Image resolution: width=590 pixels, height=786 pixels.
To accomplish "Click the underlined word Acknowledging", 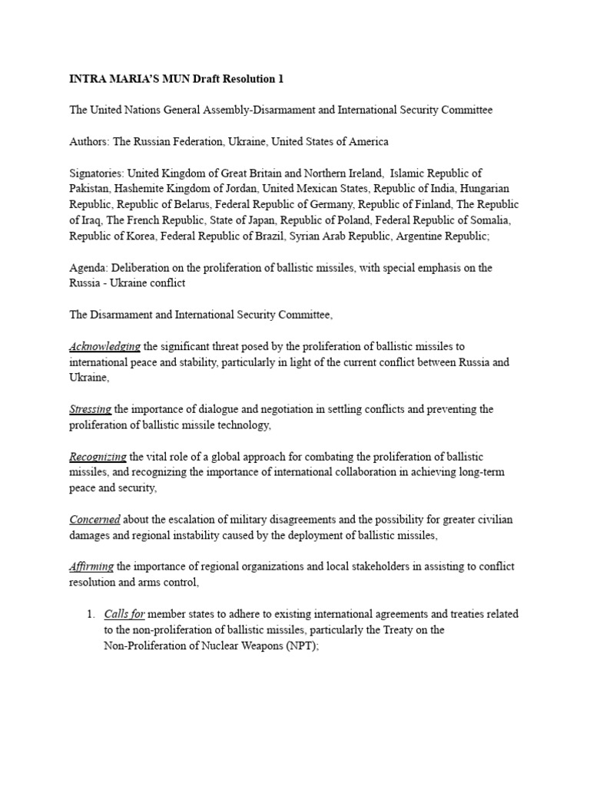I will pyautogui.click(x=104, y=346).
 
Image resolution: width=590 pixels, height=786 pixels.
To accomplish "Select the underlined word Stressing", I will pyautogui.click(x=91, y=409).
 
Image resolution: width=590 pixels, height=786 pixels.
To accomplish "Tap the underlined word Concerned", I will pyautogui.click(x=94, y=520).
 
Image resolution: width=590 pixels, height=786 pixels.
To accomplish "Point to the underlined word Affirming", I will pyautogui.click(x=91, y=566).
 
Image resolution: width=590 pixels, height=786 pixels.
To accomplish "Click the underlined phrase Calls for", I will pyautogui.click(x=124, y=614).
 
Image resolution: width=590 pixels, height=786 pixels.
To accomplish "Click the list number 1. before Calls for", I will pyautogui.click(x=90, y=614).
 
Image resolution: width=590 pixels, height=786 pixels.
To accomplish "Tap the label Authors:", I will pyautogui.click(x=90, y=141).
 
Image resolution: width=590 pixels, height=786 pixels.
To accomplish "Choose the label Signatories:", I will pyautogui.click(x=97, y=173).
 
